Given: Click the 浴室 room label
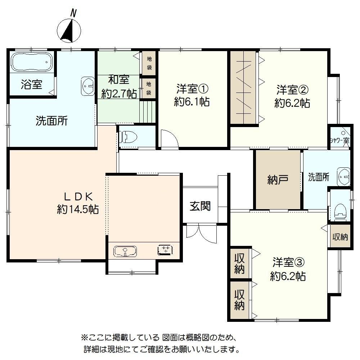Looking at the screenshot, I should (x=31, y=85).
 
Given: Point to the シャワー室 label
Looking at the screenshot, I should (x=339, y=140).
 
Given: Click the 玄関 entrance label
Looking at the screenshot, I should (x=200, y=206).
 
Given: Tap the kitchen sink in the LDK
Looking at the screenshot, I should (x=125, y=251).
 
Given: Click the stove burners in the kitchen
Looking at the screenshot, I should (x=166, y=249).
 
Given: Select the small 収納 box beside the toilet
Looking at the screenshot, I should (x=340, y=237).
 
